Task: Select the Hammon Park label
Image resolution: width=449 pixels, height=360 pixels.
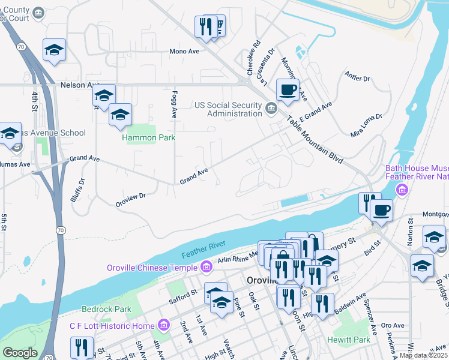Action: (148, 137)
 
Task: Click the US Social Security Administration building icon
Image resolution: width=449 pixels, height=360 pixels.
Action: (271, 109)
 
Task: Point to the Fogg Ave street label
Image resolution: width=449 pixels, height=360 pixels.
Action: (174, 104)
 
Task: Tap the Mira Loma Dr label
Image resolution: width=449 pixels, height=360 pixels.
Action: (366, 124)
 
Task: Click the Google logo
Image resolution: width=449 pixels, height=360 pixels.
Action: (20, 353)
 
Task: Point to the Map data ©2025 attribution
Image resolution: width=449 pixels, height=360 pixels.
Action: (423, 355)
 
